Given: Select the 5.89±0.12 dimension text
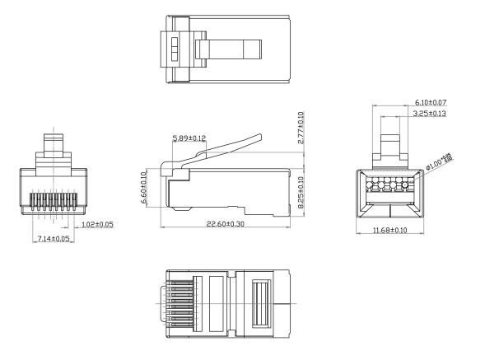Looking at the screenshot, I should tap(189, 138).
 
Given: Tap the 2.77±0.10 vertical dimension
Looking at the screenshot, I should tap(301, 128).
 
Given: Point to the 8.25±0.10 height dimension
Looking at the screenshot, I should tap(301, 190).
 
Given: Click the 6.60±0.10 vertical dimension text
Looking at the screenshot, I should tap(144, 189).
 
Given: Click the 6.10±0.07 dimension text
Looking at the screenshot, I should tap(430, 103).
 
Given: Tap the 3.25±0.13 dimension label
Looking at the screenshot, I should tap(429, 113).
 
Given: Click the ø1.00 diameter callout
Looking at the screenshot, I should tap(441, 162).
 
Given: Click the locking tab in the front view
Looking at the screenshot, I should tap(55, 145).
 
